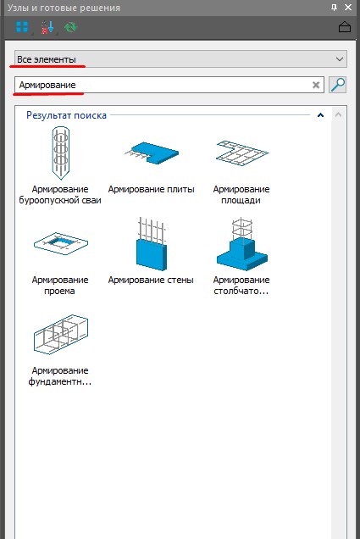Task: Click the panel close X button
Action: point(347,8)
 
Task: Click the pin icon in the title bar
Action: point(334,8)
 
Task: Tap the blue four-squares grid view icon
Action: point(22,27)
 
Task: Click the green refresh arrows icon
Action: point(71,27)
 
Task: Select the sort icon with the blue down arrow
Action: point(47,27)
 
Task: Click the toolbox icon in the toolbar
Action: point(345,27)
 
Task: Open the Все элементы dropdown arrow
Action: point(340,59)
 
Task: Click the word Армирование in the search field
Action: point(47,85)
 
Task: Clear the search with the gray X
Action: point(316,85)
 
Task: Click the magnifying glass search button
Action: point(338,85)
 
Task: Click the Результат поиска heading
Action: point(66,115)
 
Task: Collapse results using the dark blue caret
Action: point(320,115)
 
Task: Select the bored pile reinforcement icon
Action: point(61,153)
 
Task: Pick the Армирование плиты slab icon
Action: point(152,153)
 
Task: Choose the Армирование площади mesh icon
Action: point(242,153)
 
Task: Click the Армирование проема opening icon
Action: point(61,243)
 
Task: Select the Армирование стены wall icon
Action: point(152,244)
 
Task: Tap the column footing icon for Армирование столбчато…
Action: point(242,244)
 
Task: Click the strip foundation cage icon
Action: point(61,334)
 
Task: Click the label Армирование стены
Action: point(151,281)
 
